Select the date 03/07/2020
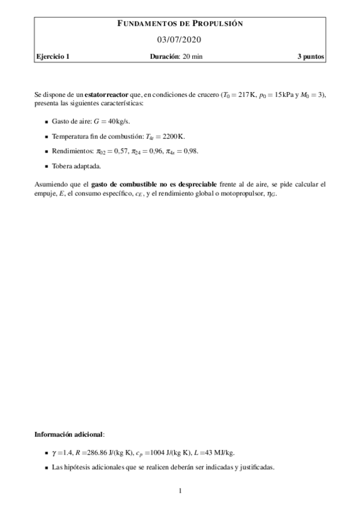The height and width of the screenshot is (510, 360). point(180,40)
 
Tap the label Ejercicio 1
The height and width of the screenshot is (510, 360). point(52,57)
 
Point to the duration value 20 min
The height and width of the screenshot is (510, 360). point(195,57)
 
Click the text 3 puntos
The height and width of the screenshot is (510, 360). point(311,57)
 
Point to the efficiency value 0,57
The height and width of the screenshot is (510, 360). point(115,151)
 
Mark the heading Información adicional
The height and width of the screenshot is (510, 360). point(69,433)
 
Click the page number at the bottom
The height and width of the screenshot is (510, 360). point(180,491)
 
